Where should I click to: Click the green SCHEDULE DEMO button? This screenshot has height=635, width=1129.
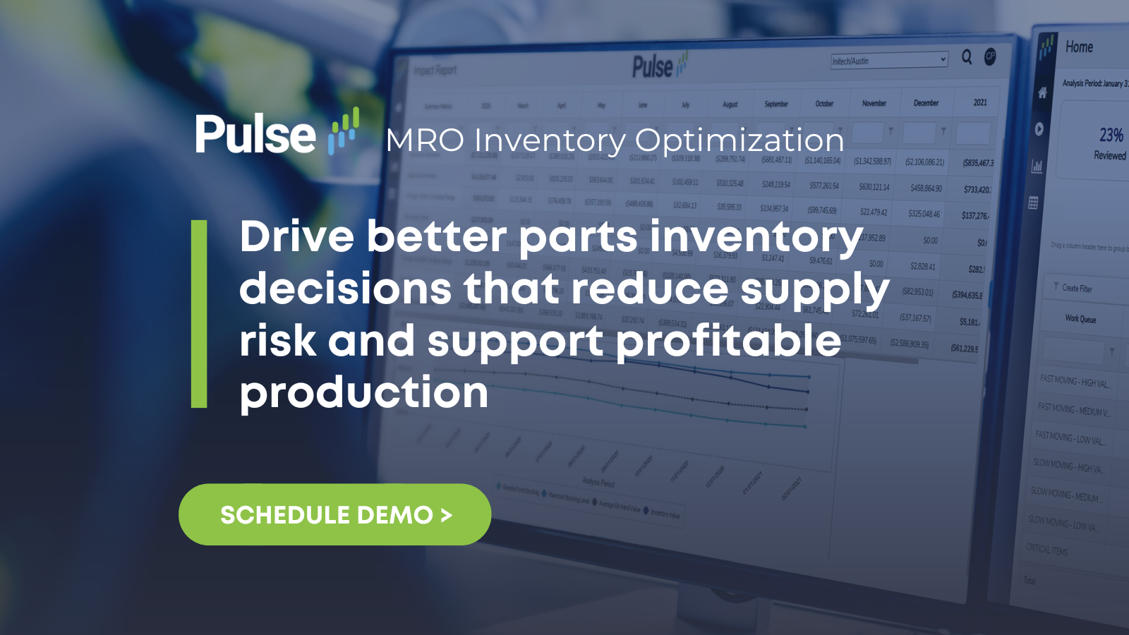click(x=334, y=514)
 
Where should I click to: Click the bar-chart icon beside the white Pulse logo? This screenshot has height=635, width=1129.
click(x=344, y=131)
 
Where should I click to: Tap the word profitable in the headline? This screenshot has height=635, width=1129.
click(x=727, y=341)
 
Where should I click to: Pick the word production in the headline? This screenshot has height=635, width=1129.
click(x=363, y=392)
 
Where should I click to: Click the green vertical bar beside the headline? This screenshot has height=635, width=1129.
click(x=199, y=314)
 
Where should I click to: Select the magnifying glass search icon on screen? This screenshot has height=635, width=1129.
click(x=967, y=57)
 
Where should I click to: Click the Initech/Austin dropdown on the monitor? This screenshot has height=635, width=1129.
click(x=888, y=61)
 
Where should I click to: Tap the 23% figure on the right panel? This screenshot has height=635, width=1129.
click(x=1111, y=135)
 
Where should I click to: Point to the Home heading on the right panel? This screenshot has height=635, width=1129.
click(x=1079, y=47)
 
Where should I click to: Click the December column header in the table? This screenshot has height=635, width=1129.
click(x=926, y=103)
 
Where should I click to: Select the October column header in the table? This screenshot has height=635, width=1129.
click(x=824, y=104)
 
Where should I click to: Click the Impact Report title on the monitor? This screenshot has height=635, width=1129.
click(x=435, y=71)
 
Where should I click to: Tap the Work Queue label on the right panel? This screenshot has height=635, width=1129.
click(x=1080, y=319)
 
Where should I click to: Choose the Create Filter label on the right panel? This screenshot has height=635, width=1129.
click(x=1077, y=288)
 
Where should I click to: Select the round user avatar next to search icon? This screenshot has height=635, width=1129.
click(x=990, y=57)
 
